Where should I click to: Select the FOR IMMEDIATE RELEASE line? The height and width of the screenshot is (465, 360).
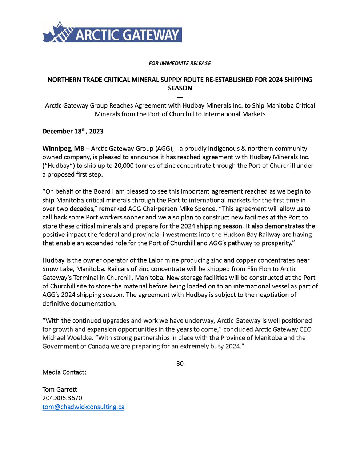pyautogui.click(x=180, y=63)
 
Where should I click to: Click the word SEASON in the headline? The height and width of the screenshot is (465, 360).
pyautogui.click(x=180, y=88)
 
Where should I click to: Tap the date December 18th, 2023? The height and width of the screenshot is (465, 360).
pyautogui.click(x=73, y=131)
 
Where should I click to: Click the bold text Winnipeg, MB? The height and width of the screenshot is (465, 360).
pyautogui.click(x=63, y=149)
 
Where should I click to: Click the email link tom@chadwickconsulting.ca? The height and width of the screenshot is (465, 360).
pyautogui.click(x=83, y=407)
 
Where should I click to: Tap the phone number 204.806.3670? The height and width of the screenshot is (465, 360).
pyautogui.click(x=62, y=398)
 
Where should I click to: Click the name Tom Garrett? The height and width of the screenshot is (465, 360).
pyautogui.click(x=60, y=389)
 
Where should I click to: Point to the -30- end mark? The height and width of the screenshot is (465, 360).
pyautogui.click(x=180, y=364)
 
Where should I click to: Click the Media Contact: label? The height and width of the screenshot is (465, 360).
pyautogui.click(x=64, y=372)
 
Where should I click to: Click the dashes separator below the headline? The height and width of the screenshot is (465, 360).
pyautogui.click(x=180, y=97)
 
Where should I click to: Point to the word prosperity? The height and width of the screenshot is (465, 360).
pyautogui.click(x=275, y=243)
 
